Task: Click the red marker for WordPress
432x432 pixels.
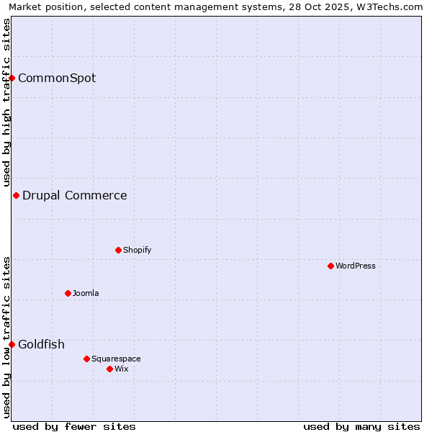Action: pos(330,266)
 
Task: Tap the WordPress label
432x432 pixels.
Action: pos(356,266)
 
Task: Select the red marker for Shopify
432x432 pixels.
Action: pos(118,250)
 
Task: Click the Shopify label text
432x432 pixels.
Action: pos(137,250)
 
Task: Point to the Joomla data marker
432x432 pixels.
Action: pos(68,293)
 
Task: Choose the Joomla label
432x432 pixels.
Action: pos(86,293)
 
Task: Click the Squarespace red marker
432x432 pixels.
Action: pos(86,359)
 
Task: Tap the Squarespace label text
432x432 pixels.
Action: pos(116,359)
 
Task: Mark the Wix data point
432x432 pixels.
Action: pos(109,369)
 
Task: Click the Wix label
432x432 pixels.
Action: pos(122,369)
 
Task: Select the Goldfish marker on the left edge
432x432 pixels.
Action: pos(12,344)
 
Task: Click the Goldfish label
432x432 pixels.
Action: pos(41,344)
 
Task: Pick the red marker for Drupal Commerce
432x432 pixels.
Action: pos(16,195)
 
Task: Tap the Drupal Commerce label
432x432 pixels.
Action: pos(75,195)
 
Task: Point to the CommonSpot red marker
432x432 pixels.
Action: pos(12,78)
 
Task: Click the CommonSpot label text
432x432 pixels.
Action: pos(57,78)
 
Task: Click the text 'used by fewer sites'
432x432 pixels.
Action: pos(74,426)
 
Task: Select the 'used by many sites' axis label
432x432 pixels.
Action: pos(361,426)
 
